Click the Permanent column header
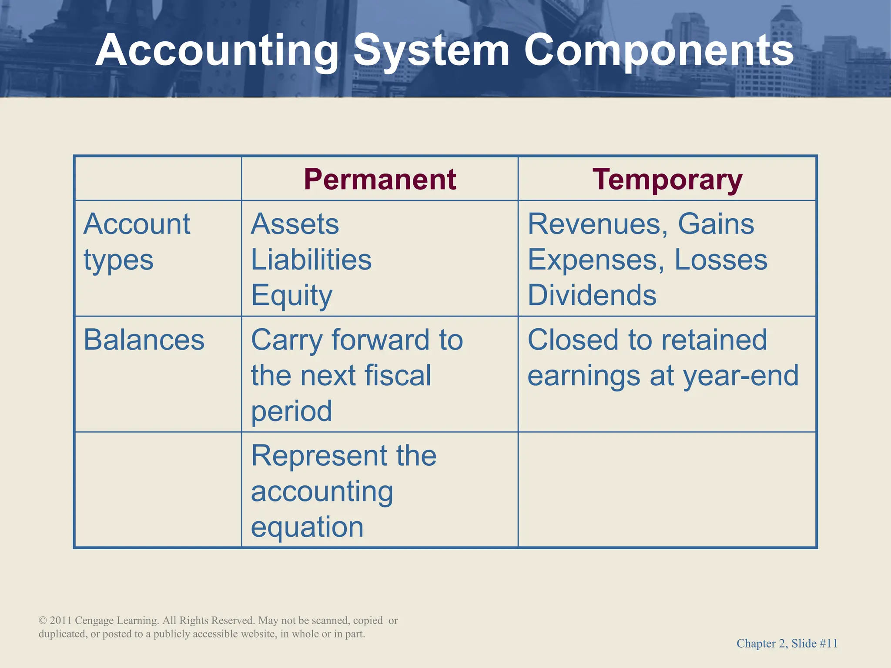(380, 179)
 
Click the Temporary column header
(667, 179)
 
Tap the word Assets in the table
(295, 224)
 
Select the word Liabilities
(311, 260)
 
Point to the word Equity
(291, 296)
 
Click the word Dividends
(592, 296)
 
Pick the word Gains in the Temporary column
(716, 224)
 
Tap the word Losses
(721, 260)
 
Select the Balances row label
(144, 340)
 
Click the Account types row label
(137, 242)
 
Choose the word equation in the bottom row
(307, 527)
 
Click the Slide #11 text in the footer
(814, 644)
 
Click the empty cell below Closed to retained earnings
(667, 490)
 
